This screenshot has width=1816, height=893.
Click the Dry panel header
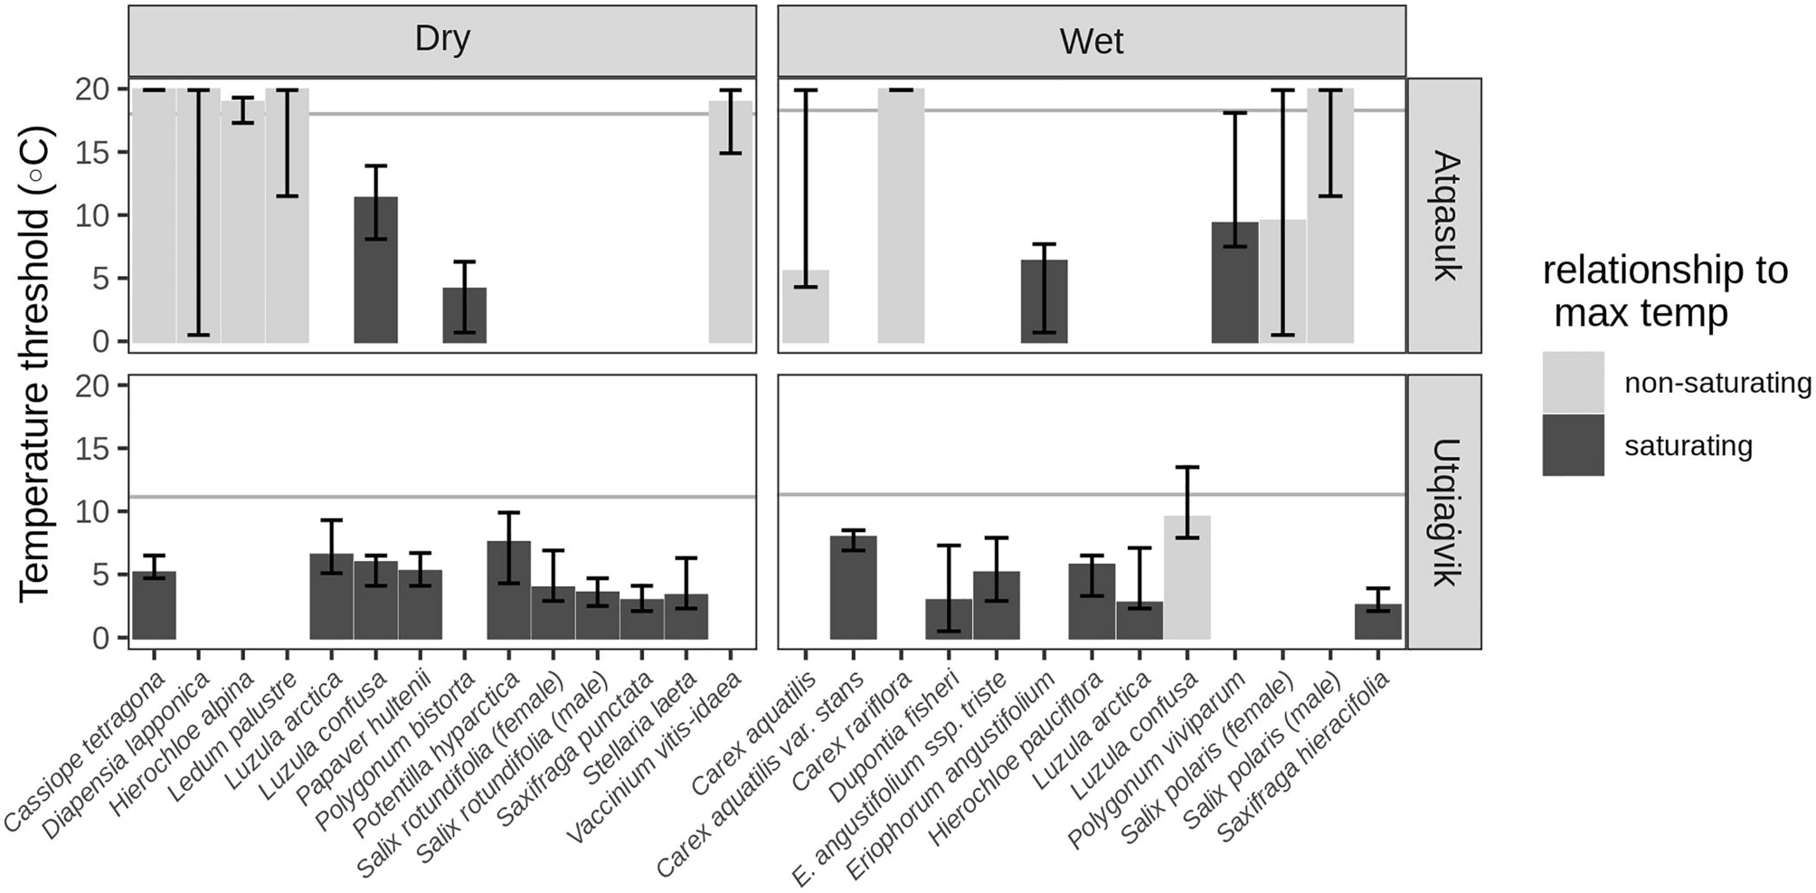pyautogui.click(x=441, y=41)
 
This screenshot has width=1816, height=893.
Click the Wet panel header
pyautogui.click(x=1091, y=41)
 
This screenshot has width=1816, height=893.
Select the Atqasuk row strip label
pyautogui.click(x=1444, y=215)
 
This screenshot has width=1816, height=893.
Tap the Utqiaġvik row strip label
pyautogui.click(x=1444, y=512)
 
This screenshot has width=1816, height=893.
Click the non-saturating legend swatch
pyautogui.click(x=1573, y=383)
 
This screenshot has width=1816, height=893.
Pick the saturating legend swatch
pyautogui.click(x=1573, y=445)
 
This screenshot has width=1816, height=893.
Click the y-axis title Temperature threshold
pyautogui.click(x=36, y=362)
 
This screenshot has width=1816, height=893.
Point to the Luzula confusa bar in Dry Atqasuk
pyautogui.click(x=375, y=271)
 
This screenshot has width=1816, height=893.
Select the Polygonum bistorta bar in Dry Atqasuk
pyautogui.click(x=464, y=317)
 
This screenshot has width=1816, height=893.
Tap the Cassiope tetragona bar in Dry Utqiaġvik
pyautogui.click(x=154, y=606)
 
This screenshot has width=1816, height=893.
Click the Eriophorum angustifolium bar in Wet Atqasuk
pyautogui.click(x=1044, y=303)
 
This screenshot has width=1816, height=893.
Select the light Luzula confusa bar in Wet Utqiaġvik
pyautogui.click(x=1187, y=579)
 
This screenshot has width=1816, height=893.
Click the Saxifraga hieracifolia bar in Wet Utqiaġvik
pyautogui.click(x=1377, y=622)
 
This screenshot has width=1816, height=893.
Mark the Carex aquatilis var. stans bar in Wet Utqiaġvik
pyautogui.click(x=853, y=588)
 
